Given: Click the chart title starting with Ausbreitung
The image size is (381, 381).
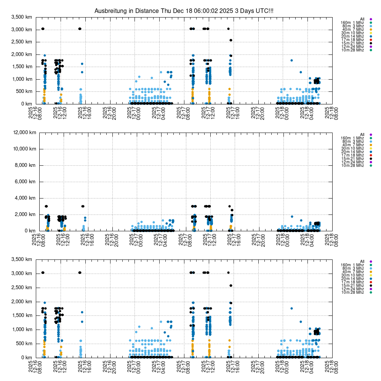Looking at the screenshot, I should pyautogui.click(x=184, y=11).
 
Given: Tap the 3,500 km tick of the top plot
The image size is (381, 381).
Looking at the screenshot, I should pyautogui.click(x=22, y=17).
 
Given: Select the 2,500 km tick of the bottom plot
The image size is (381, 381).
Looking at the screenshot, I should pyautogui.click(x=22, y=287).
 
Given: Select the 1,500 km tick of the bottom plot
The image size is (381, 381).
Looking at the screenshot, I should pyautogui.click(x=22, y=315).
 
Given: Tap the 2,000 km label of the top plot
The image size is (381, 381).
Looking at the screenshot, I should pyautogui.click(x=22, y=54).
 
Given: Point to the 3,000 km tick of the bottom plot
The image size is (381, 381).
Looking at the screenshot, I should pyautogui.click(x=22, y=274).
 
